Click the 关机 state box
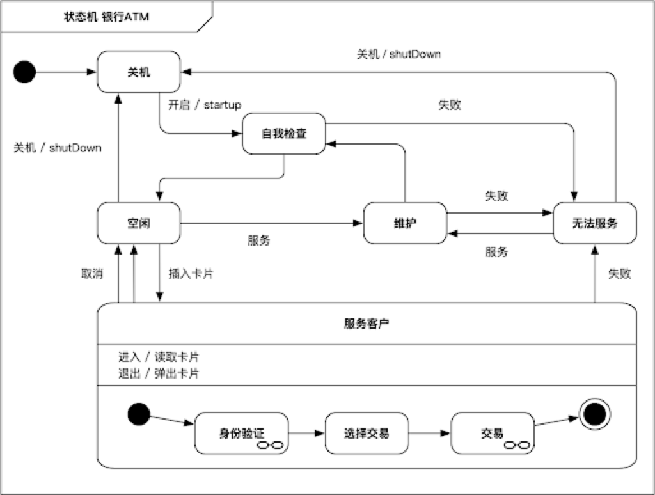point(139,72)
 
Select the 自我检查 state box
point(284,134)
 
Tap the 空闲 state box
point(138,223)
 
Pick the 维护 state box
point(404,223)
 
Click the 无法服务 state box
point(594,223)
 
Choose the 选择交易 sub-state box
point(366,433)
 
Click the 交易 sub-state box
point(491,433)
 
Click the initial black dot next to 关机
point(25,72)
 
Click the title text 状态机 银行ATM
point(106,17)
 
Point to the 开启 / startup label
point(204,105)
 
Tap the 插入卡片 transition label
point(191,273)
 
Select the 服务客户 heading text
point(367,323)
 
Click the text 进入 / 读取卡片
point(162,357)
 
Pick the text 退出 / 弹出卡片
point(162,373)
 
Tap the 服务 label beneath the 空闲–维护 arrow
point(258,240)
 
